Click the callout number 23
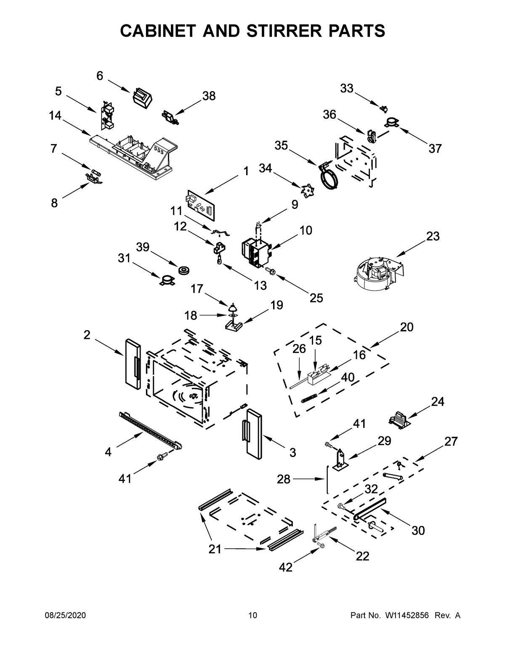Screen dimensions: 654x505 pyautogui.click(x=433, y=236)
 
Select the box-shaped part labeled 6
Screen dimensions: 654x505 pyautogui.click(x=142, y=98)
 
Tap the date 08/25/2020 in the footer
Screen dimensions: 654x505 pyautogui.click(x=65, y=615)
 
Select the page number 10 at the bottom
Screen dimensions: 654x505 pyautogui.click(x=252, y=615)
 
